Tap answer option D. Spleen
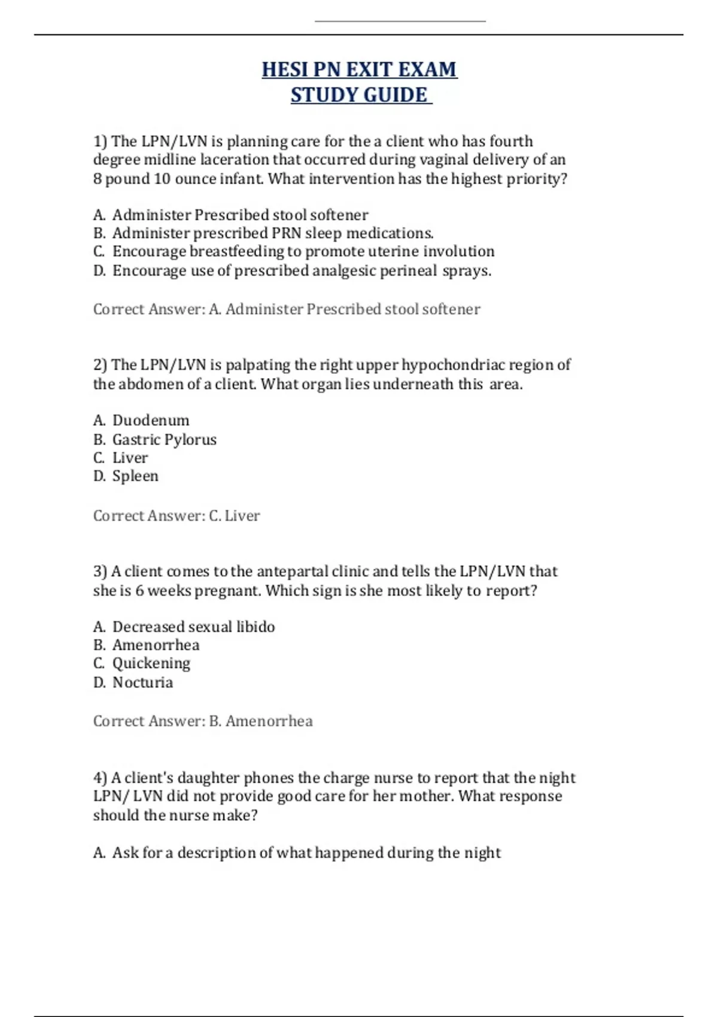(x=126, y=476)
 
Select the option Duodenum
(x=142, y=421)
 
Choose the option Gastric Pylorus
(x=155, y=440)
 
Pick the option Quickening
(x=142, y=663)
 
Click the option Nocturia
(x=133, y=683)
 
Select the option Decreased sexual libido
(x=184, y=627)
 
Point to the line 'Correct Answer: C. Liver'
(x=177, y=516)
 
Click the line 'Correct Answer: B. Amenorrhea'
(x=203, y=721)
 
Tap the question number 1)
(x=100, y=142)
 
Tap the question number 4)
(x=100, y=778)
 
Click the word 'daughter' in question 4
(x=208, y=778)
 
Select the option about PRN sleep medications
(x=264, y=233)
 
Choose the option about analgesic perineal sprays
(x=293, y=271)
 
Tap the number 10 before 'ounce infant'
(x=162, y=179)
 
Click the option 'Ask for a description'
(x=297, y=852)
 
